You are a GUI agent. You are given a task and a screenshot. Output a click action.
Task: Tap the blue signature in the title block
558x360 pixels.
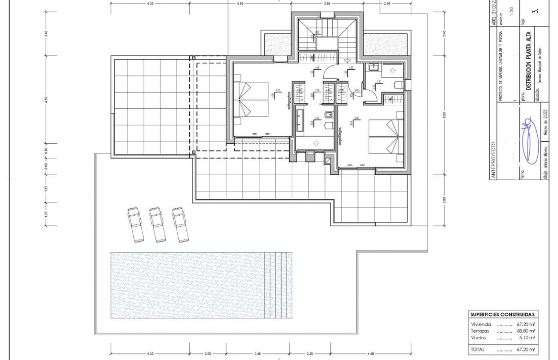coord(527,139)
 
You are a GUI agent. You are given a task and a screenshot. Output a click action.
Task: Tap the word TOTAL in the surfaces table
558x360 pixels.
coord(477,349)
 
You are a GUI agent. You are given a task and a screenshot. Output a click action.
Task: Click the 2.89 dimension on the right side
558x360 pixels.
coord(444,199)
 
